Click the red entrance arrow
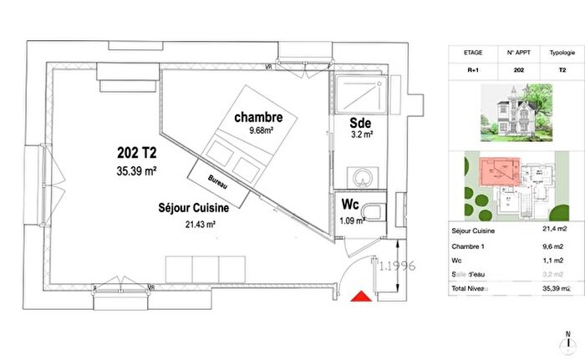tap(359, 297)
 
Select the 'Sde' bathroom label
tap(362, 122)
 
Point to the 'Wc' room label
tap(348, 205)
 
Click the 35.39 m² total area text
tap(136, 171)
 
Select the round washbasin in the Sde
tap(362, 176)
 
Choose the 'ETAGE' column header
tap(473, 51)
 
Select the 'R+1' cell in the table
tap(473, 73)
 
